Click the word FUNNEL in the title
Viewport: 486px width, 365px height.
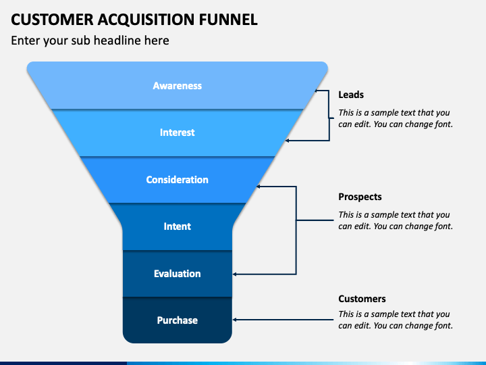[228, 20]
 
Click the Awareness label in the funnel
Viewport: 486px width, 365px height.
[178, 86]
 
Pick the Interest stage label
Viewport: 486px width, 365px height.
[178, 132]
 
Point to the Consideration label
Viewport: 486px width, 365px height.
[178, 180]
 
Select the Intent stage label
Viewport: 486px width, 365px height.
[178, 226]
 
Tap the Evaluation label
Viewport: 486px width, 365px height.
[178, 274]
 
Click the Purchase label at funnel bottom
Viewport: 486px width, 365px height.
[178, 320]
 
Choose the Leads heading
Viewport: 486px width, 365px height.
[351, 95]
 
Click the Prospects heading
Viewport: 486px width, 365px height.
[360, 197]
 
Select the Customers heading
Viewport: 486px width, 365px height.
[362, 299]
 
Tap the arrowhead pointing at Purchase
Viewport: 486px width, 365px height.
[234, 320]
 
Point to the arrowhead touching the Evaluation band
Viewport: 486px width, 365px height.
[234, 274]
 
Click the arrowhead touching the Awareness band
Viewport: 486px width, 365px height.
[317, 91]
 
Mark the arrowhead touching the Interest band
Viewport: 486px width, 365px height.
[287, 141]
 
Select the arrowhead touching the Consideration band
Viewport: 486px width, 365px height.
[259, 187]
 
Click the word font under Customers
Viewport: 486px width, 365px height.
[444, 325]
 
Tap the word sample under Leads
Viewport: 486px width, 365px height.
[382, 113]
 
